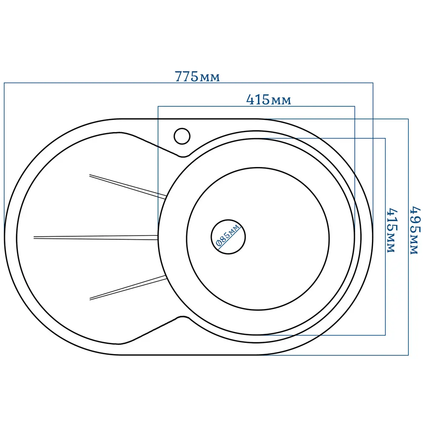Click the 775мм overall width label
pyautogui.click(x=197, y=76)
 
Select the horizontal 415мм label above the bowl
pyautogui.click(x=269, y=100)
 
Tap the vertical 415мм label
pyautogui.click(x=392, y=230)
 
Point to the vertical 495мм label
pyautogui.click(x=415, y=230)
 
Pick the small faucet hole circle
pyautogui.click(x=182, y=136)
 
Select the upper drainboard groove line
pyautogui.click(x=127, y=187)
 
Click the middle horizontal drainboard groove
pyautogui.click(x=96, y=238)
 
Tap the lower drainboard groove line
pyautogui.click(x=128, y=288)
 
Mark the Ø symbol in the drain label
pyautogui.click(x=219, y=243)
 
